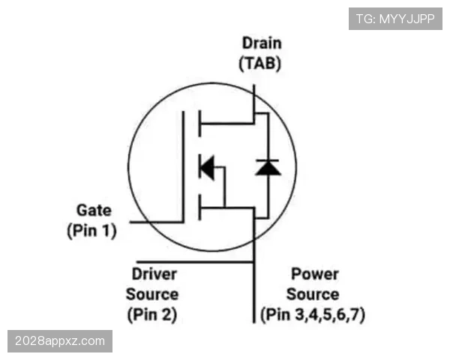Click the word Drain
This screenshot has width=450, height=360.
tap(262, 43)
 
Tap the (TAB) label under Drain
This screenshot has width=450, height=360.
tap(260, 64)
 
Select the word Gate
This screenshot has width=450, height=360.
tap(94, 211)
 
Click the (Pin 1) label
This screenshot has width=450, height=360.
tap(91, 230)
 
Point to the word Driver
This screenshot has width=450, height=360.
tap(154, 274)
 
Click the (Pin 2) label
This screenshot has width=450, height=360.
tap(152, 315)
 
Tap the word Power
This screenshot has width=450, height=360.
tap(315, 274)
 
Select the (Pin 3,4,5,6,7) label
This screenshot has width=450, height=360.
tap(313, 315)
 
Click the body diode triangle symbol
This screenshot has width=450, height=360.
tap(268, 168)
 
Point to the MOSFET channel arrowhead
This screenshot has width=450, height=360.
tap(207, 167)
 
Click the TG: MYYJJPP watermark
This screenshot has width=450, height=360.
tap(395, 19)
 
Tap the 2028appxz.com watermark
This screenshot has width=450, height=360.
tap(60, 341)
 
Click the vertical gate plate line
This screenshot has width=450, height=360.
tap(183, 166)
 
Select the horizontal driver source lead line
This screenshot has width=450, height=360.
tap(195, 262)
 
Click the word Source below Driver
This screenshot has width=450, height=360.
tap(152, 295)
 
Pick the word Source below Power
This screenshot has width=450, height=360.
tap(313, 295)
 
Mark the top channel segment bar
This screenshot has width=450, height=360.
tap(199, 124)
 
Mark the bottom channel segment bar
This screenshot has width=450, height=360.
tap(199, 208)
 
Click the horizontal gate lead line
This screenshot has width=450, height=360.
tap(157, 222)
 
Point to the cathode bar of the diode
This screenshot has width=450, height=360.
tap(268, 160)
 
